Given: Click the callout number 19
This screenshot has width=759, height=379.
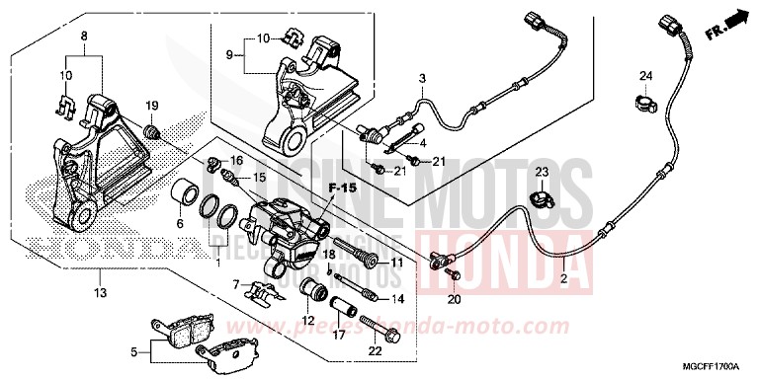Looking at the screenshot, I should tap(153, 106).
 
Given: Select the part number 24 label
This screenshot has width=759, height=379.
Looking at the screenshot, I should tap(644, 77).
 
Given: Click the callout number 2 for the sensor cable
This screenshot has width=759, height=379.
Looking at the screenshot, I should tap(562, 279).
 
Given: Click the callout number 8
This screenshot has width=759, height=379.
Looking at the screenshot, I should tap(84, 37).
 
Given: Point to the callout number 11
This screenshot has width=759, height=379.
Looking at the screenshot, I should tap(396, 264).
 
